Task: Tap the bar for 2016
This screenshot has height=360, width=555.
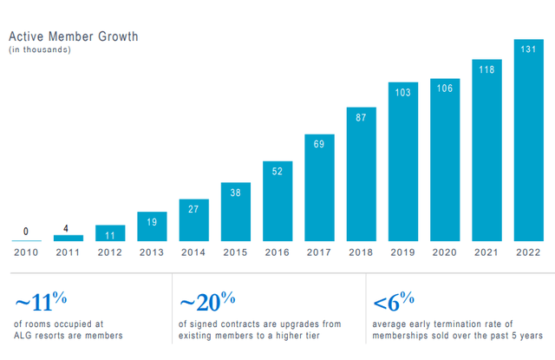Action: click(277, 200)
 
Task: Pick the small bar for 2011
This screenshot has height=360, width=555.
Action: click(69, 238)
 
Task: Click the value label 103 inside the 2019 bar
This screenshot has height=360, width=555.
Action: click(402, 92)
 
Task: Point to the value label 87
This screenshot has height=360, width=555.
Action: click(361, 117)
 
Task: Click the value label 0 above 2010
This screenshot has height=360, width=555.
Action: click(26, 232)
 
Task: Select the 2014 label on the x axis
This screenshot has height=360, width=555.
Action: click(193, 252)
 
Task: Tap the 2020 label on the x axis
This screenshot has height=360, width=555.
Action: click(444, 252)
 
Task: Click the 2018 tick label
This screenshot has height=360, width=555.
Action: click(361, 252)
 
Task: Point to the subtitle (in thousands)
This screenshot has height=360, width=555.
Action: click(40, 50)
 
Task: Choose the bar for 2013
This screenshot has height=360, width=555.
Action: click(152, 226)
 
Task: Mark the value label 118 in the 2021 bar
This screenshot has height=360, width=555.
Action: click(486, 69)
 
